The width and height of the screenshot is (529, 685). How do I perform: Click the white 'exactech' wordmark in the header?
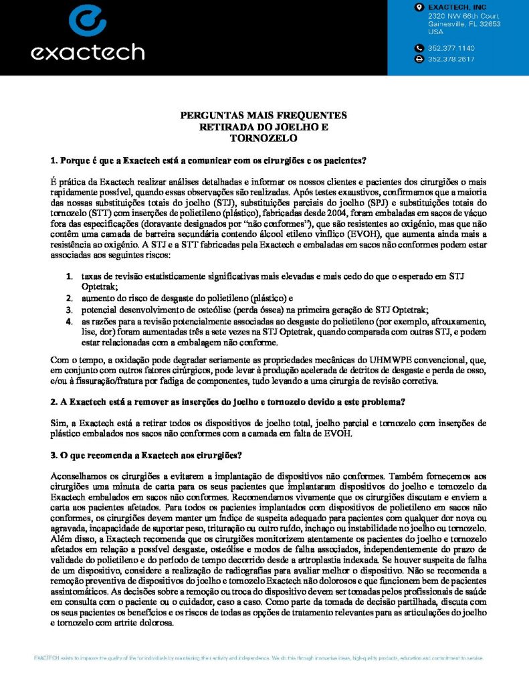(88, 52)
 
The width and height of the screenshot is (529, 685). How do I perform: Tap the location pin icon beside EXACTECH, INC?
(419, 7)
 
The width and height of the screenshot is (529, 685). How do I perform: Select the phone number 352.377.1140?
(451, 48)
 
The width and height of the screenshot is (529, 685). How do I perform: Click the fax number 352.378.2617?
(451, 59)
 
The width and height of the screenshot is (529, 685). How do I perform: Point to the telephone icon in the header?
(419, 48)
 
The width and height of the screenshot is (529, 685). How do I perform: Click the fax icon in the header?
(419, 59)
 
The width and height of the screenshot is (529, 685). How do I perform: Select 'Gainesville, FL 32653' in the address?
(464, 23)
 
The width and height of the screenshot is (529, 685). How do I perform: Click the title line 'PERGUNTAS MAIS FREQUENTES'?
(263, 116)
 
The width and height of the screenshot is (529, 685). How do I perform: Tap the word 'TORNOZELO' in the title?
(263, 138)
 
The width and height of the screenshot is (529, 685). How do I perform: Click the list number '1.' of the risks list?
(70, 276)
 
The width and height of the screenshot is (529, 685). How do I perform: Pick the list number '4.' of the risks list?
(70, 320)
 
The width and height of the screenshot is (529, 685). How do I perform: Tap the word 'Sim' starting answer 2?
(58, 423)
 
